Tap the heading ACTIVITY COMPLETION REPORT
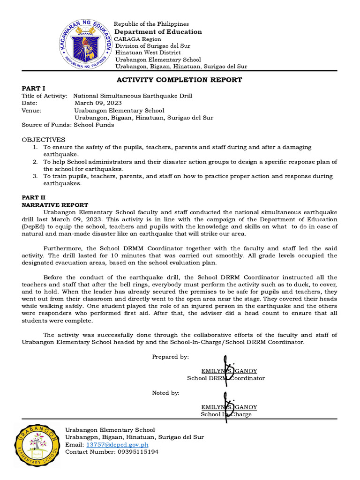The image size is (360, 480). (x=179, y=80)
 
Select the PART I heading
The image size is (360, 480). (x=34, y=88)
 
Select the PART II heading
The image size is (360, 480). (x=35, y=198)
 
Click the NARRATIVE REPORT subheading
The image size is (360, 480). (x=55, y=205)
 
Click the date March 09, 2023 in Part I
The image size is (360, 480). (x=98, y=103)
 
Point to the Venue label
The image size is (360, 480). (x=32, y=111)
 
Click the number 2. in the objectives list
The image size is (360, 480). (x=35, y=162)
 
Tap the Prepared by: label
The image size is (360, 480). (x=170, y=357)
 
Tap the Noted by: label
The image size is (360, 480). (x=165, y=393)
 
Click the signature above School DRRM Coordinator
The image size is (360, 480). (x=228, y=367)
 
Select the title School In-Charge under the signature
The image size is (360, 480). (x=226, y=414)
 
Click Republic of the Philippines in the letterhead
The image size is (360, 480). (x=152, y=24)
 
